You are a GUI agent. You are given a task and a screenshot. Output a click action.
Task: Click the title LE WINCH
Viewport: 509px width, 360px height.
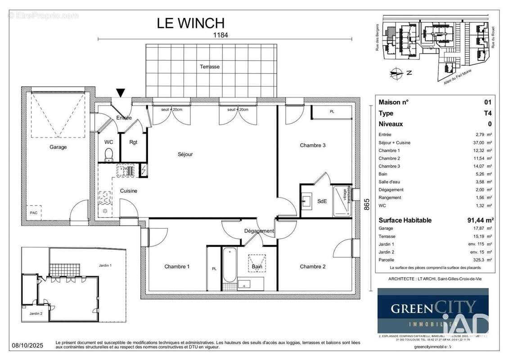[x=190, y=23]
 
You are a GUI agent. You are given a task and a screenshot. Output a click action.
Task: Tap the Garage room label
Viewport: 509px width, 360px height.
[x=58, y=147]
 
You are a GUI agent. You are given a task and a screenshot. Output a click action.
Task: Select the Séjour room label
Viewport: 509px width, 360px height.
[x=185, y=154]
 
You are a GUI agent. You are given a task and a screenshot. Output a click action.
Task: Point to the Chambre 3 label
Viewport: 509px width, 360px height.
[x=312, y=145]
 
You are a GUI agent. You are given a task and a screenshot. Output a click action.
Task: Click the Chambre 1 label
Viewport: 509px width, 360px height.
[x=177, y=266]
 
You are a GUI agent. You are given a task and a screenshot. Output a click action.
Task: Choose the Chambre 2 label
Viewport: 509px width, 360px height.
[x=312, y=266]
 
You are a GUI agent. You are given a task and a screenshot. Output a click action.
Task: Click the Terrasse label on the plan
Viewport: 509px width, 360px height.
[x=210, y=67]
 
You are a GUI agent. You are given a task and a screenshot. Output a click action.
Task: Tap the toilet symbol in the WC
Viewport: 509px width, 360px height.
[x=108, y=156]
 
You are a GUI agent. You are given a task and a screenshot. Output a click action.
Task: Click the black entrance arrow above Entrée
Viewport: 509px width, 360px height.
[x=121, y=93]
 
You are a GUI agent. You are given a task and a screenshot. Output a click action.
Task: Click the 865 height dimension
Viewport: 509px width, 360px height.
[x=367, y=205]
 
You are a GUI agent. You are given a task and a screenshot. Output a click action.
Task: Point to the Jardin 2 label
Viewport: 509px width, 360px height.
[x=36, y=314]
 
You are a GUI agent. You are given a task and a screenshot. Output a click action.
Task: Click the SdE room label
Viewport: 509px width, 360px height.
[x=322, y=201]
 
